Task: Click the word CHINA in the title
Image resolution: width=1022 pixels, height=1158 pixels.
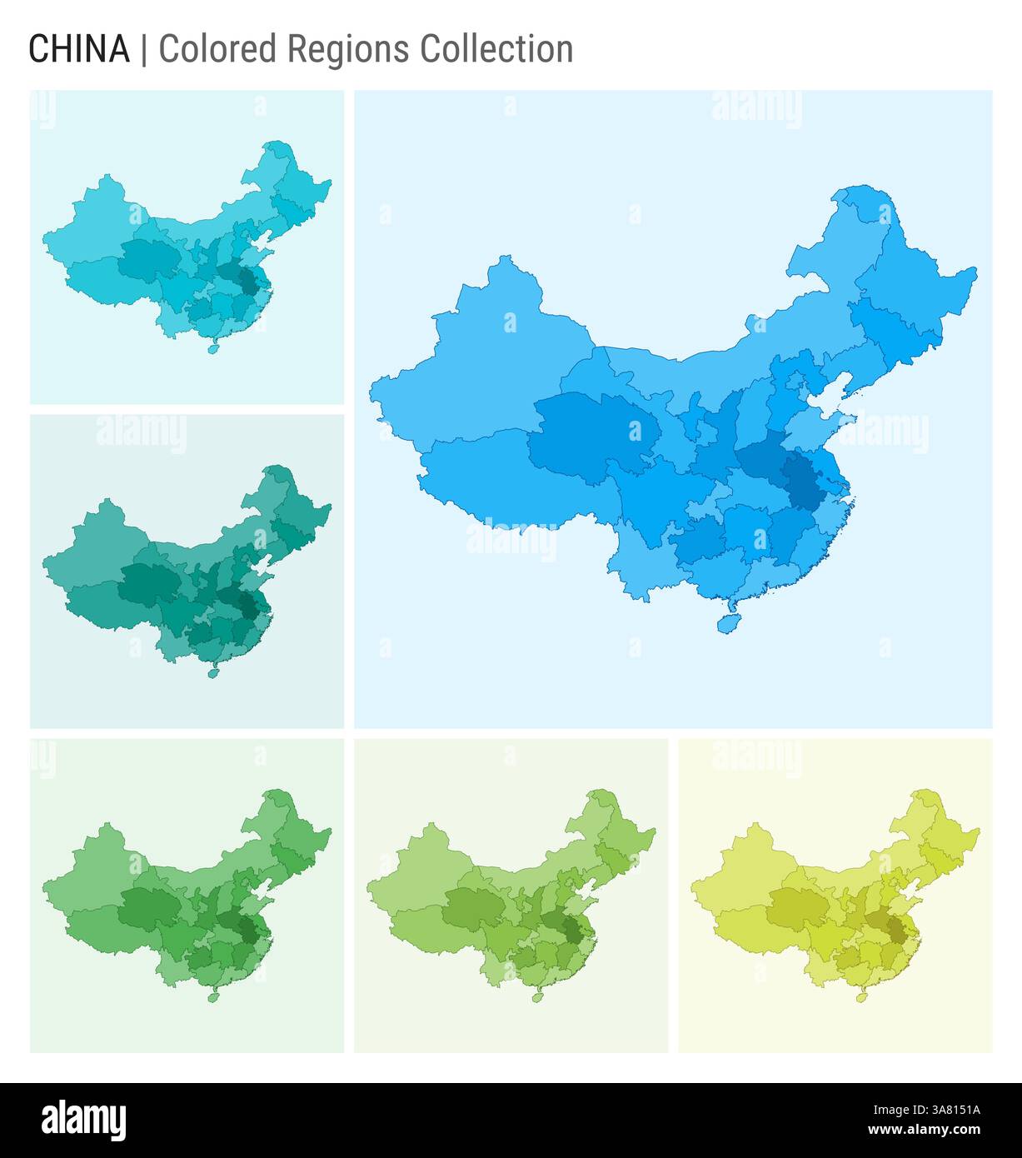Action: click(x=79, y=50)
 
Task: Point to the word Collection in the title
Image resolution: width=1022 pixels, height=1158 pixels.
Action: click(x=496, y=50)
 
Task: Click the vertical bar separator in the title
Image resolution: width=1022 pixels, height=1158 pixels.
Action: click(x=144, y=50)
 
